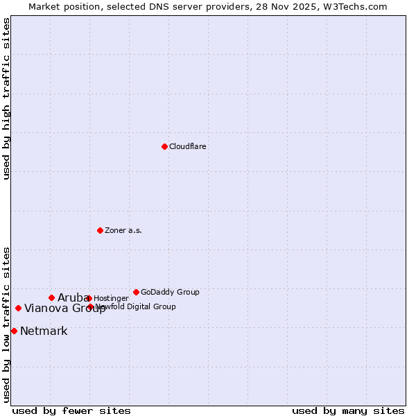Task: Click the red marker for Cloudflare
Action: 164,146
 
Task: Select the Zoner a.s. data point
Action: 100,230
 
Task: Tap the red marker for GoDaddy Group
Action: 136,292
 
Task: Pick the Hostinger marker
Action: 89,298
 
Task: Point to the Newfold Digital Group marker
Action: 90,306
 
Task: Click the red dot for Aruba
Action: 51,297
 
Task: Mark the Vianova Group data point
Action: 18,308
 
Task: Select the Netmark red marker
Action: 14,331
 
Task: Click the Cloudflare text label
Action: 188,147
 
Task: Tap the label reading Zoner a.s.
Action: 123,231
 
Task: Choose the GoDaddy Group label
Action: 170,293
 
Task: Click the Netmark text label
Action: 44,331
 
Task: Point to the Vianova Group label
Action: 65,309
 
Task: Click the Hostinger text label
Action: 111,299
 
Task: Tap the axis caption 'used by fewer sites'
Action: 71,411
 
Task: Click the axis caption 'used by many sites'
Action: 348,411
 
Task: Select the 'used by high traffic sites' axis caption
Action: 7,98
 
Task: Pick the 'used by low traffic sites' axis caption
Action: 7,324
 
